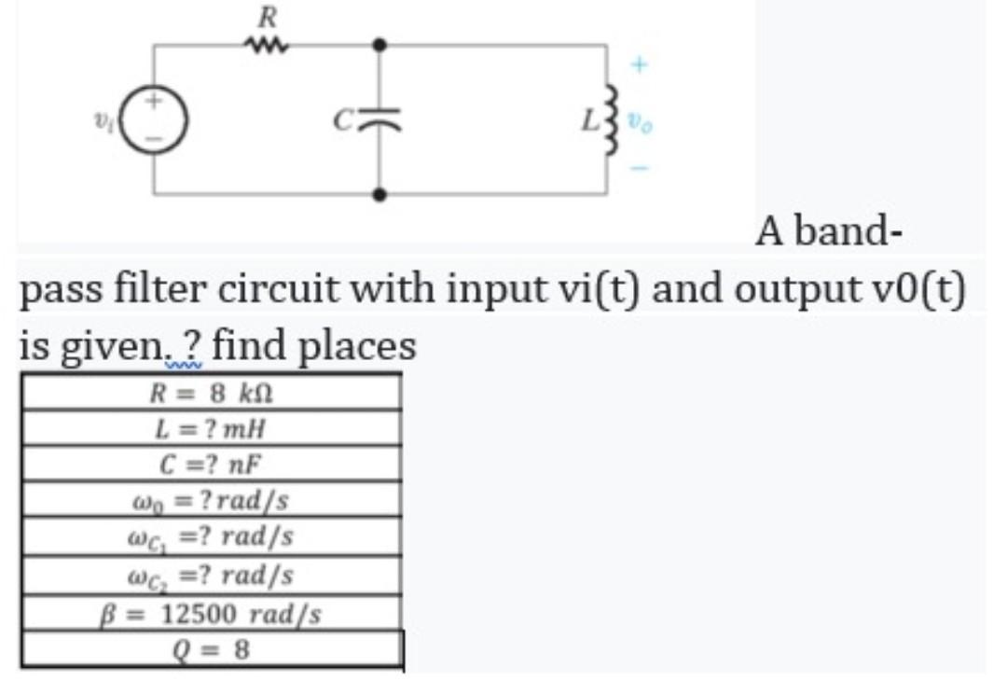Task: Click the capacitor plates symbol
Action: point(379,119)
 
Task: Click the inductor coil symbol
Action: point(613,118)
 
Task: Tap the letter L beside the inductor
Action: point(590,119)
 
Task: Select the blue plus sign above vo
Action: point(639,66)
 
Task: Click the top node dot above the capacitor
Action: point(379,43)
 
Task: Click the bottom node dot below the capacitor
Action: point(379,195)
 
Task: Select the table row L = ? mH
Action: point(212,428)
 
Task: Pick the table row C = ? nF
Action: point(212,464)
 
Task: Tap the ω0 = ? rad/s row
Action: point(212,500)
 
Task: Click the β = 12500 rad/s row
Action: point(212,614)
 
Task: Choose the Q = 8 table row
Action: point(212,648)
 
